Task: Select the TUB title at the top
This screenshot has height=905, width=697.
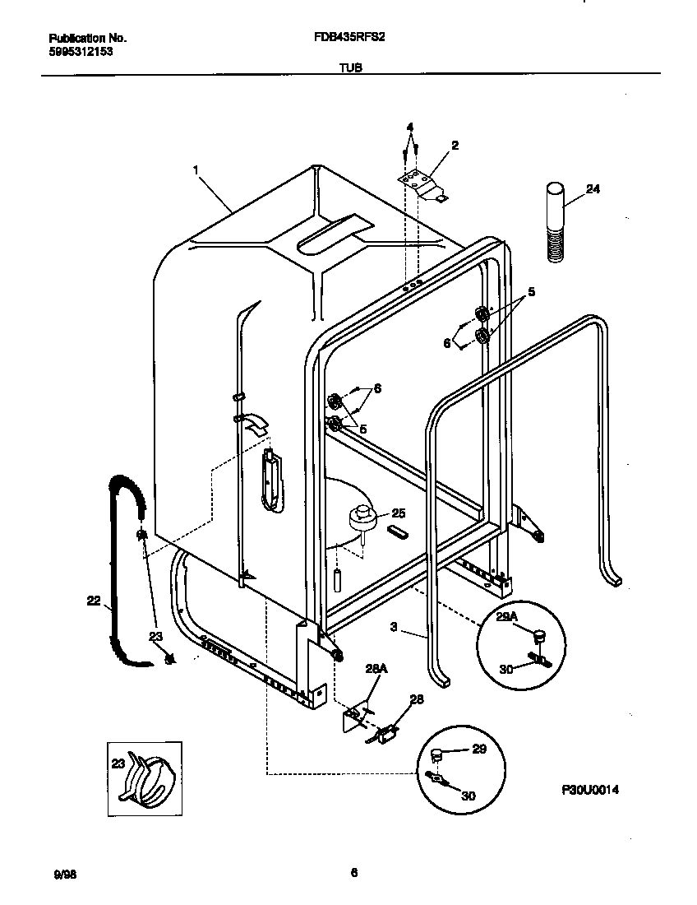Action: click(x=351, y=69)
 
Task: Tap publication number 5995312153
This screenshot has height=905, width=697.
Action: click(x=81, y=51)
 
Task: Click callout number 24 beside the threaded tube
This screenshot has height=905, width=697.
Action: click(x=593, y=190)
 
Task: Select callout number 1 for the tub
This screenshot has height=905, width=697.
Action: click(x=196, y=169)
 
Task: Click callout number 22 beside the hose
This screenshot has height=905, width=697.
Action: click(x=93, y=601)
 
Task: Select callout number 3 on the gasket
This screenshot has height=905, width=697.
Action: click(x=394, y=627)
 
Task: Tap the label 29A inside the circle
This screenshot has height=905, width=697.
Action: click(x=506, y=616)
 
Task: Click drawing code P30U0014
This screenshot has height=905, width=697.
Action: click(x=589, y=790)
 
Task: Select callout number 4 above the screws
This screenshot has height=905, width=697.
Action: click(x=409, y=127)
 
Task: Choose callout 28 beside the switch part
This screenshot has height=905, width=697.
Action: click(x=416, y=699)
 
